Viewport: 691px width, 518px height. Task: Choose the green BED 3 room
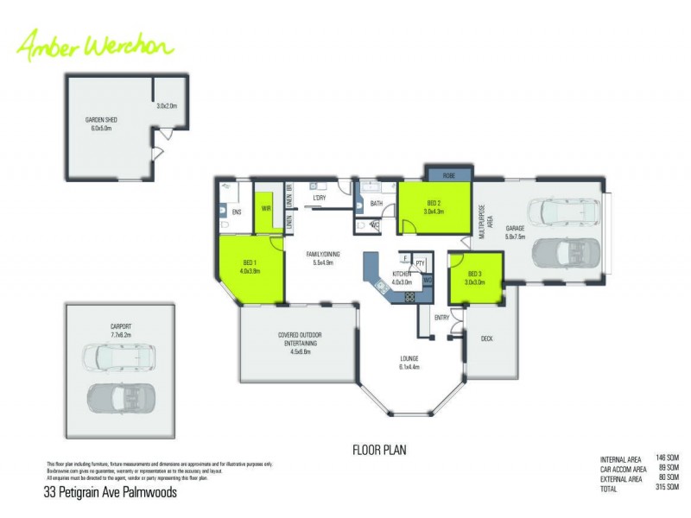[475, 278]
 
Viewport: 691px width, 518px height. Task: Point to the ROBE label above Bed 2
[448, 175]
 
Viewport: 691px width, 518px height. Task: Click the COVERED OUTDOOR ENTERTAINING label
[300, 343]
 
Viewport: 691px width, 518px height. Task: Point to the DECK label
[487, 338]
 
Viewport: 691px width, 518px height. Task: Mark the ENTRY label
[442, 318]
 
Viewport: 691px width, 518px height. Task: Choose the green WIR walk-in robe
[267, 208]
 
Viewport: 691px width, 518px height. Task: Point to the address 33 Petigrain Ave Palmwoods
[110, 493]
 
